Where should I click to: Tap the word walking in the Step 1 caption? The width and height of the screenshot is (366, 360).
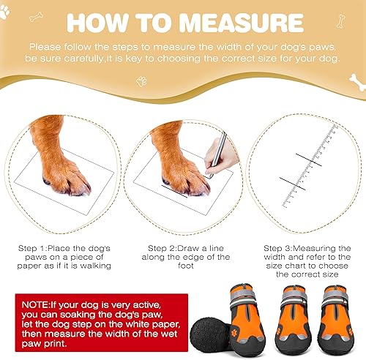point(93,266)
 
